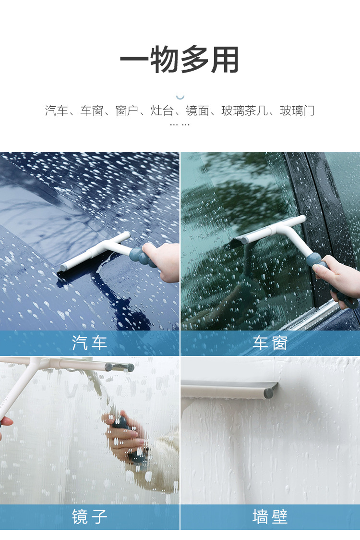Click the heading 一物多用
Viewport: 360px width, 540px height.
click(x=180, y=59)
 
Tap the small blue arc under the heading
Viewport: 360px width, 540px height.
click(x=180, y=98)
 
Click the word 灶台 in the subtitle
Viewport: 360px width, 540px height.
click(x=162, y=110)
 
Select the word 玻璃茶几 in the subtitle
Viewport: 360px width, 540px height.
click(x=244, y=110)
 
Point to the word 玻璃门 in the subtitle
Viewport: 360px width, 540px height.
click(x=298, y=110)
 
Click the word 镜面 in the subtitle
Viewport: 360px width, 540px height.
click(x=197, y=110)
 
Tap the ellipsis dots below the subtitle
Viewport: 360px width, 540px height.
click(x=180, y=124)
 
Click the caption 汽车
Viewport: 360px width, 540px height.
click(x=89, y=343)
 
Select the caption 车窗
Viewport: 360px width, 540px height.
click(x=270, y=343)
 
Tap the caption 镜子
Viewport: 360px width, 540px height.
click(x=89, y=516)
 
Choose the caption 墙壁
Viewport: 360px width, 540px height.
click(x=270, y=516)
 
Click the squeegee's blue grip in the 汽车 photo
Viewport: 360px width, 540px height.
click(x=142, y=257)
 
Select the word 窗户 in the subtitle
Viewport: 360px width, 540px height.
click(x=127, y=110)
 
